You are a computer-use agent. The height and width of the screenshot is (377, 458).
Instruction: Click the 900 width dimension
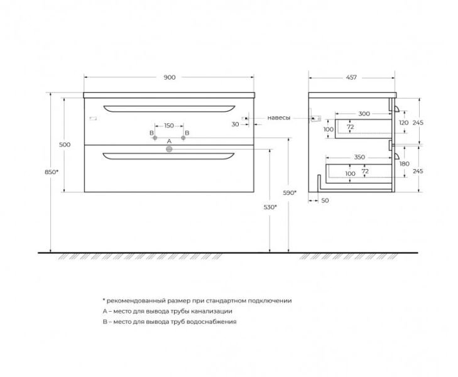pos(170,77)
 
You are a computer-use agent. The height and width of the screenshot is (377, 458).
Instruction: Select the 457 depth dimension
pos(351,77)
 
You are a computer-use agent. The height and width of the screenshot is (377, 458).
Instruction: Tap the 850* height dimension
pos(52,172)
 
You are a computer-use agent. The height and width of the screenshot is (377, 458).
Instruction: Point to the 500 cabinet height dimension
pos(65,145)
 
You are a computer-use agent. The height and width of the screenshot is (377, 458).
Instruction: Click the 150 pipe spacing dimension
pos(169,126)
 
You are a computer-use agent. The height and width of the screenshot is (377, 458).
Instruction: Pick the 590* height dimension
pos(290,192)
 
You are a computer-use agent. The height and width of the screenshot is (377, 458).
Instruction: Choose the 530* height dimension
pos(270,207)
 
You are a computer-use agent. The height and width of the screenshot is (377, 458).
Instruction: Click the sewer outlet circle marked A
pos(169,149)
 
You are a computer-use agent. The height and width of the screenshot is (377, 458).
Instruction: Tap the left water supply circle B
pos(155,138)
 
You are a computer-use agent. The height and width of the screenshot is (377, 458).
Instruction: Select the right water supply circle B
pos(183,138)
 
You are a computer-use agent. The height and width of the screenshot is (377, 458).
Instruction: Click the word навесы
pos(279,118)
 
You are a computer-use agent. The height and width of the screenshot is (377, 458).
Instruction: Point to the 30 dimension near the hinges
pos(235,124)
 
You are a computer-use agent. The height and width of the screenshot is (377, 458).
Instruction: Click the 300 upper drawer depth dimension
pos(364,114)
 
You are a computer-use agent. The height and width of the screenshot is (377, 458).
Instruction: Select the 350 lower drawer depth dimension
pos(359,157)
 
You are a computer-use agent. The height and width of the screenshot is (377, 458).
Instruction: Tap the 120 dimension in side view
pos(404,123)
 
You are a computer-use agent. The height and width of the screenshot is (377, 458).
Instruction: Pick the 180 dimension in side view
pos(404,164)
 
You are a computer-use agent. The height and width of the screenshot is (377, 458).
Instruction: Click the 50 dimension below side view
pos(325,200)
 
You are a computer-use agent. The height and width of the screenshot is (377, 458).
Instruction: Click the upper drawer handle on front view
pos(169,109)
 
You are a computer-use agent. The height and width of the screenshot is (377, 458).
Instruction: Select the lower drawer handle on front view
pos(169,156)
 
